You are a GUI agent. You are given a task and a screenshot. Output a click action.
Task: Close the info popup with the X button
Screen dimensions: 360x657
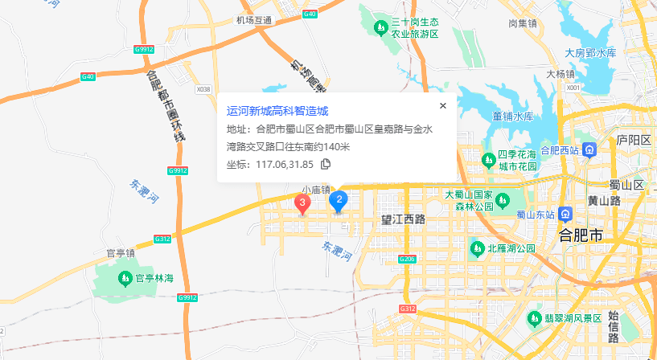[442, 105]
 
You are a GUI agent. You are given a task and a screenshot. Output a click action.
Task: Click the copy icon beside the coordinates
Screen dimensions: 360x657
[326, 164]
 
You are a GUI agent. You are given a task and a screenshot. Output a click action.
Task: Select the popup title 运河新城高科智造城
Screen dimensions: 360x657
[277, 111]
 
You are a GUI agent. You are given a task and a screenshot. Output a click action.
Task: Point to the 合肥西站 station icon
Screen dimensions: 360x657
[589, 149]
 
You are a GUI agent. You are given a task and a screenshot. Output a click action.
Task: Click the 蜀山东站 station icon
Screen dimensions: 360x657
[566, 215]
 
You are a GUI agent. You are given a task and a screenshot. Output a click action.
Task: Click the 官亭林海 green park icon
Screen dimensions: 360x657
[125, 278]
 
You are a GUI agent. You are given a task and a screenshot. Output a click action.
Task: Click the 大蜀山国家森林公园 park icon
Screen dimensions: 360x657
[503, 199]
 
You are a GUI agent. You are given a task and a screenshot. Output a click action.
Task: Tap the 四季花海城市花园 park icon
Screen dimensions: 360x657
[488, 159]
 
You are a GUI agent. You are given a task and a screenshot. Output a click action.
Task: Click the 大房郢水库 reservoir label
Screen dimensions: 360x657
[589, 53]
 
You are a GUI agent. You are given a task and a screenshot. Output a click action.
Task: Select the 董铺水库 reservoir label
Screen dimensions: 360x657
[513, 116]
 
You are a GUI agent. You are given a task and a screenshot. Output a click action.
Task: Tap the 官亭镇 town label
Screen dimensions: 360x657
[120, 253]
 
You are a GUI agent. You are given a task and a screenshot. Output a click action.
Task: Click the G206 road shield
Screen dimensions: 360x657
[407, 259]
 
